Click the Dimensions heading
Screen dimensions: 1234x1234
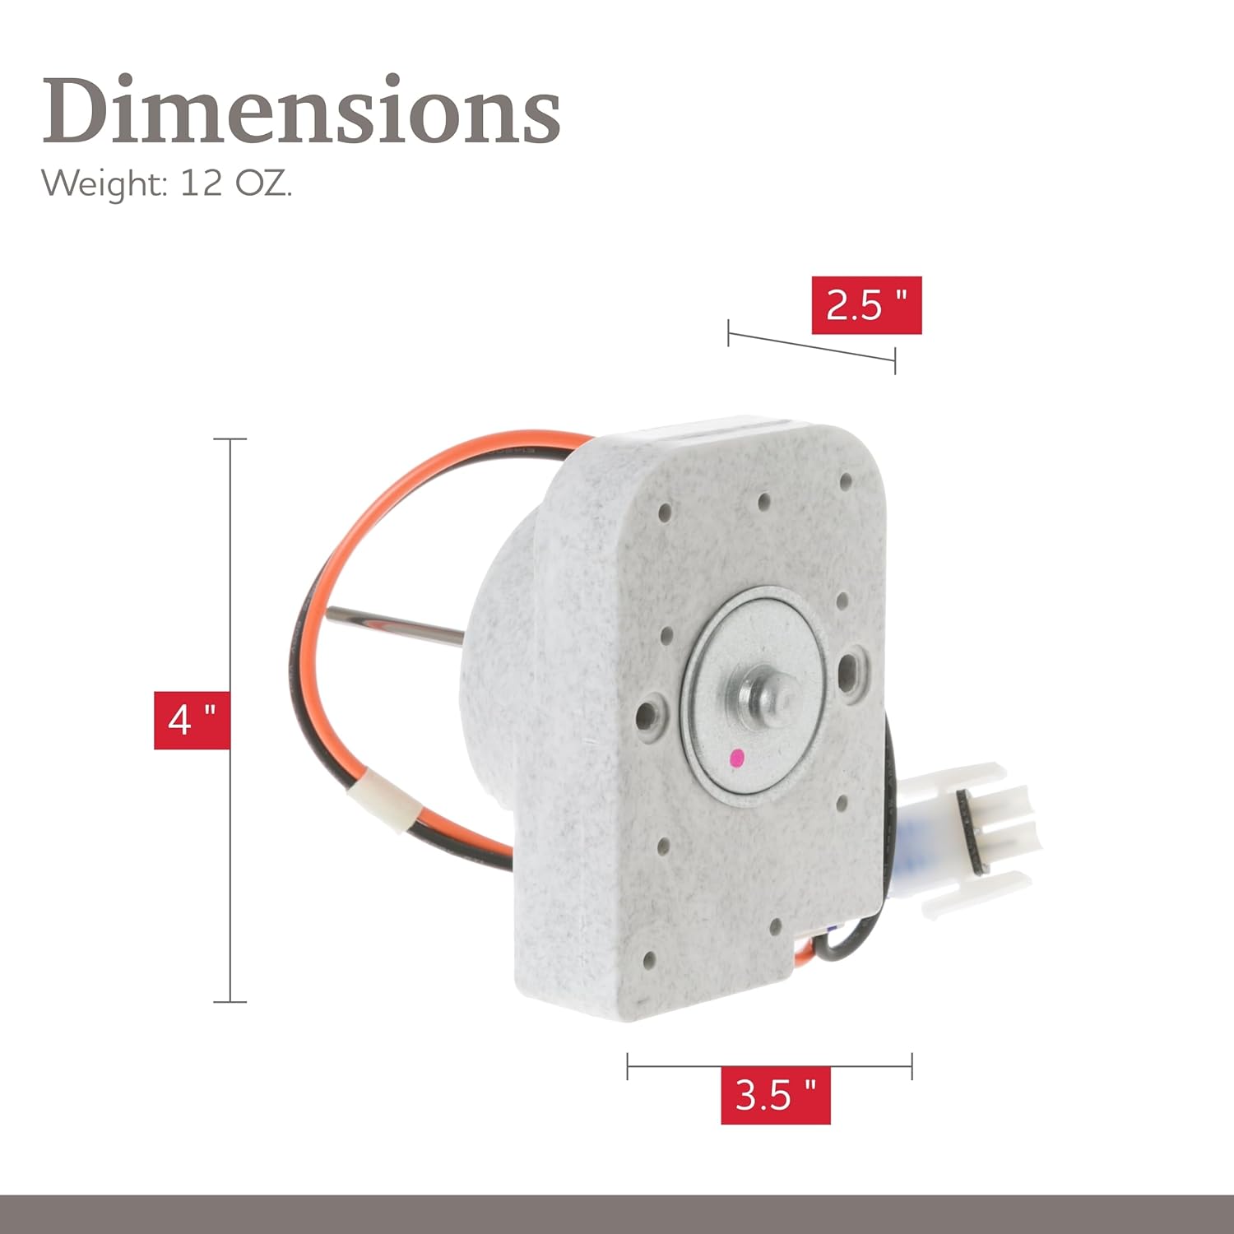point(301,111)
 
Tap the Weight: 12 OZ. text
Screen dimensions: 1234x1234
point(167,183)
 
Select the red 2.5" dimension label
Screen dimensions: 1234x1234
point(866,305)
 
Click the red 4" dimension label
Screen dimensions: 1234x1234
point(192,721)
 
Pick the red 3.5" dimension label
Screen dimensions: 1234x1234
point(775,1095)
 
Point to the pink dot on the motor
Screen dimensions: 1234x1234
point(738,755)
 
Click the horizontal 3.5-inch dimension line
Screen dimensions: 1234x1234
point(769,1066)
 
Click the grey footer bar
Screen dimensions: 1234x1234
point(617,1213)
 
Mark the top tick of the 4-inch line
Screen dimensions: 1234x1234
point(230,439)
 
